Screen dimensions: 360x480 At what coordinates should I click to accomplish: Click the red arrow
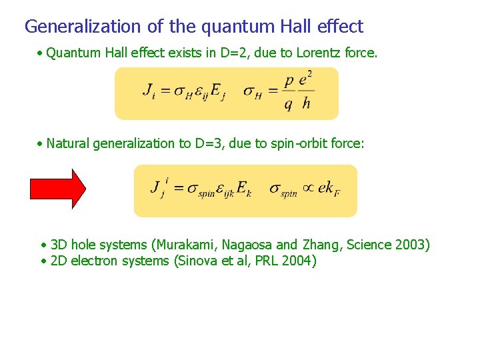(59, 189)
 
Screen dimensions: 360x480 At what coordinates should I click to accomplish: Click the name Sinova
(197, 261)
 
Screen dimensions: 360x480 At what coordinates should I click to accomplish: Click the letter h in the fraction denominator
(306, 104)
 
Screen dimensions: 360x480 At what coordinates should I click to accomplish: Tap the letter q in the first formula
(288, 105)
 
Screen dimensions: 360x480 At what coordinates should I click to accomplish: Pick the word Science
(367, 245)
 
